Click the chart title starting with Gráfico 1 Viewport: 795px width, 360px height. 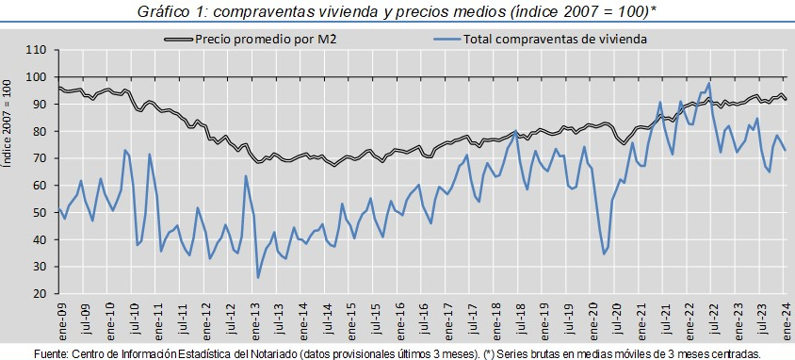click(397, 11)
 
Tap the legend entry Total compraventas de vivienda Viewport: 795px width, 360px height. click(540, 39)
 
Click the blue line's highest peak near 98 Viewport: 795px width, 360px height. click(708, 83)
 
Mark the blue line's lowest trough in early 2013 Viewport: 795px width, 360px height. click(257, 277)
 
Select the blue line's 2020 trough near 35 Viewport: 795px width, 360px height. click(604, 254)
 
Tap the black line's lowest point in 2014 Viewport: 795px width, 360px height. click(334, 165)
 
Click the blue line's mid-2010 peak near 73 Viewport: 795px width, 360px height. click(124, 150)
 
